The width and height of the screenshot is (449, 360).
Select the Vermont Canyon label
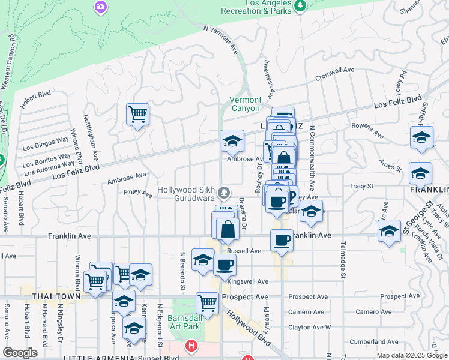(245, 104)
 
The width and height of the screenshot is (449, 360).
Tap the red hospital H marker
(191, 346)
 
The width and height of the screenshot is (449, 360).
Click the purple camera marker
(101, 7)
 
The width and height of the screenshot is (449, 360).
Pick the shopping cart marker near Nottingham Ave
(138, 113)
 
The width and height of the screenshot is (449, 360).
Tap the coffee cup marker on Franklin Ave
(282, 240)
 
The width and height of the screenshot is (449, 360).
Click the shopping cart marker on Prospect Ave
(207, 302)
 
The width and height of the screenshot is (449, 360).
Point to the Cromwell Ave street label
(336, 73)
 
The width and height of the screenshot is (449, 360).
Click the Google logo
(20, 352)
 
